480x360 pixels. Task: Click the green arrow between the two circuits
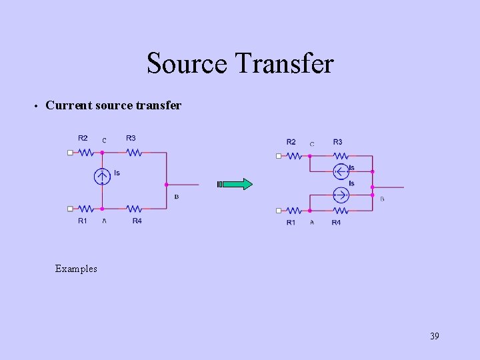[x=236, y=184]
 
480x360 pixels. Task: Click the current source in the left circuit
[x=102, y=177]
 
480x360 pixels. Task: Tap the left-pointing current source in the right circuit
[x=341, y=171]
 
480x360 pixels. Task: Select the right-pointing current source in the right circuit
[x=341, y=195]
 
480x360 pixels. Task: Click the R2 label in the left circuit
[x=83, y=138]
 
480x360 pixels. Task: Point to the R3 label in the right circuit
[x=338, y=142]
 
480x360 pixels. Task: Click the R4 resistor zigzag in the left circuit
[x=134, y=209]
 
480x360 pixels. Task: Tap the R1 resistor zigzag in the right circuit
[x=293, y=211]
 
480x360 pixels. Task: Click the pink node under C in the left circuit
[x=102, y=153]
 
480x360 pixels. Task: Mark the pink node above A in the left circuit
[x=102, y=209]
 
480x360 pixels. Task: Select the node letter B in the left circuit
[x=176, y=197]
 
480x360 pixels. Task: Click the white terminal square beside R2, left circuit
[x=70, y=153]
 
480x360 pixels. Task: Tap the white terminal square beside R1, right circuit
[x=279, y=211]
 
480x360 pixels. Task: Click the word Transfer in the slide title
[x=285, y=64]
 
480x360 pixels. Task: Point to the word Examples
[x=76, y=269]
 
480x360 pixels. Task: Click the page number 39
[x=435, y=336]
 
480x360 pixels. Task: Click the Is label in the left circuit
[x=117, y=173]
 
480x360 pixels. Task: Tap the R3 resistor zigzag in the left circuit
[x=134, y=153]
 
